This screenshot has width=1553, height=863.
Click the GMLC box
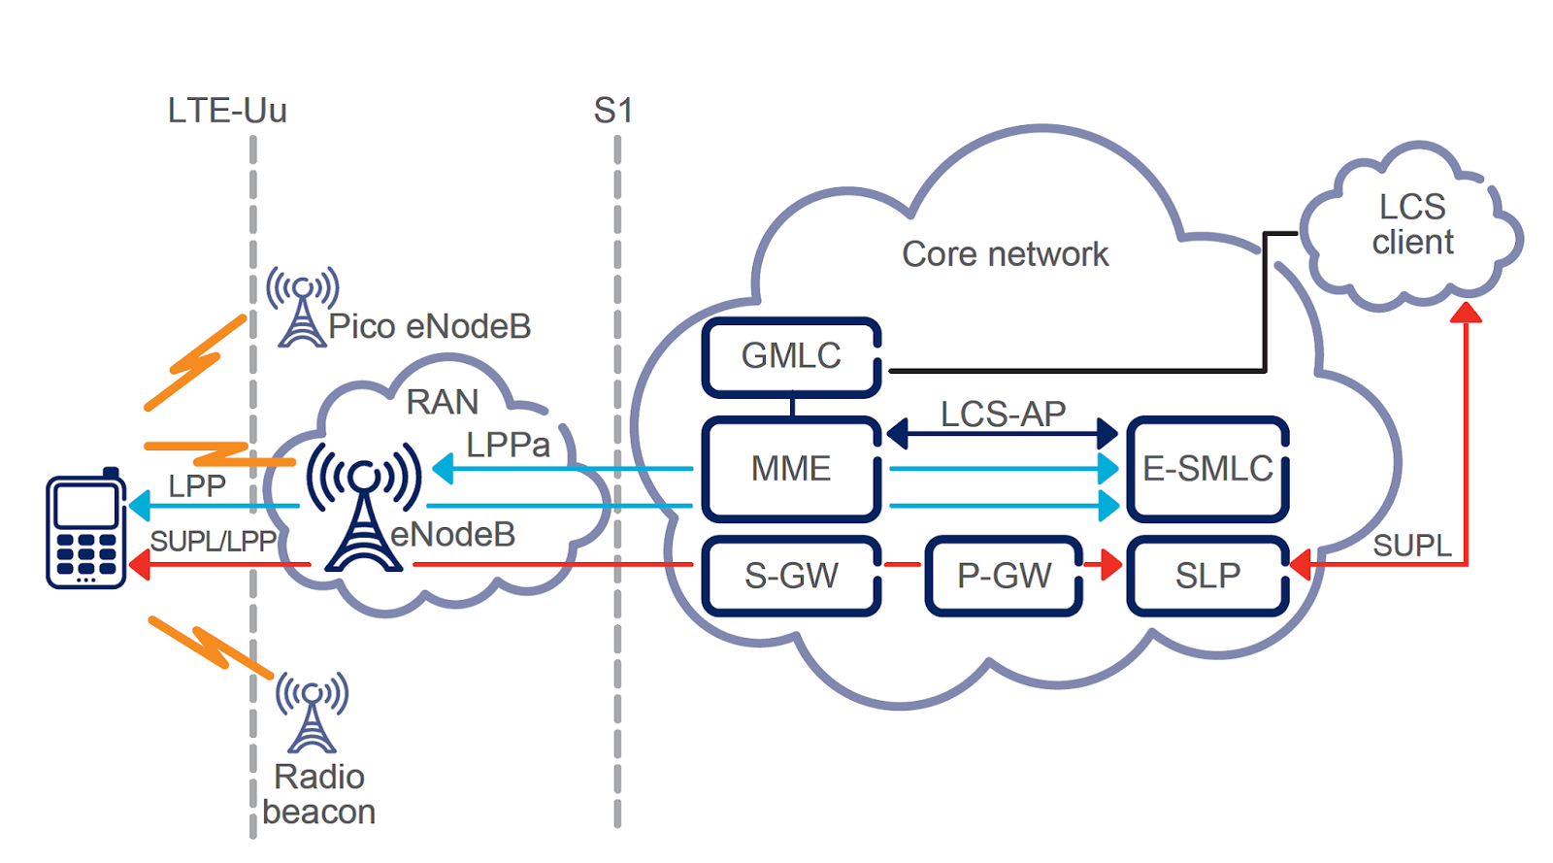pyautogui.click(x=791, y=356)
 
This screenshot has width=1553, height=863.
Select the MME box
pyautogui.click(x=791, y=469)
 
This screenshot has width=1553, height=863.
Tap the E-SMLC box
pyautogui.click(x=1207, y=469)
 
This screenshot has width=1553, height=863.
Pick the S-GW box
pyautogui.click(x=791, y=576)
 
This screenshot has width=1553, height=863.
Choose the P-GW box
pyautogui.click(x=1004, y=576)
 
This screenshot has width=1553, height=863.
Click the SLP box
pyautogui.click(x=1207, y=576)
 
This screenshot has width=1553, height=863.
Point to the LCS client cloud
pyautogui.click(x=1412, y=226)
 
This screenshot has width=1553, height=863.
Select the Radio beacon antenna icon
pyautogui.click(x=312, y=714)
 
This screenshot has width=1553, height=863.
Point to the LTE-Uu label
pyautogui.click(x=227, y=111)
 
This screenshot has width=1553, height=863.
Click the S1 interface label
pyautogui.click(x=612, y=111)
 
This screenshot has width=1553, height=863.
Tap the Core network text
pyautogui.click(x=1005, y=254)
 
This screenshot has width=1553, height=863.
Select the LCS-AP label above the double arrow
pyautogui.click(x=1003, y=415)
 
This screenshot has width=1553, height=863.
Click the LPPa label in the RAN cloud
pyautogui.click(x=508, y=445)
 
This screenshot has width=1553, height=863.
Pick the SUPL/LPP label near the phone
pyautogui.click(x=214, y=541)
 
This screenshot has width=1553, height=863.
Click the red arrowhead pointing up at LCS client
pyautogui.click(x=1466, y=313)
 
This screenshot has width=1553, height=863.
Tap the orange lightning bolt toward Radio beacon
pyautogui.click(x=210, y=646)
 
